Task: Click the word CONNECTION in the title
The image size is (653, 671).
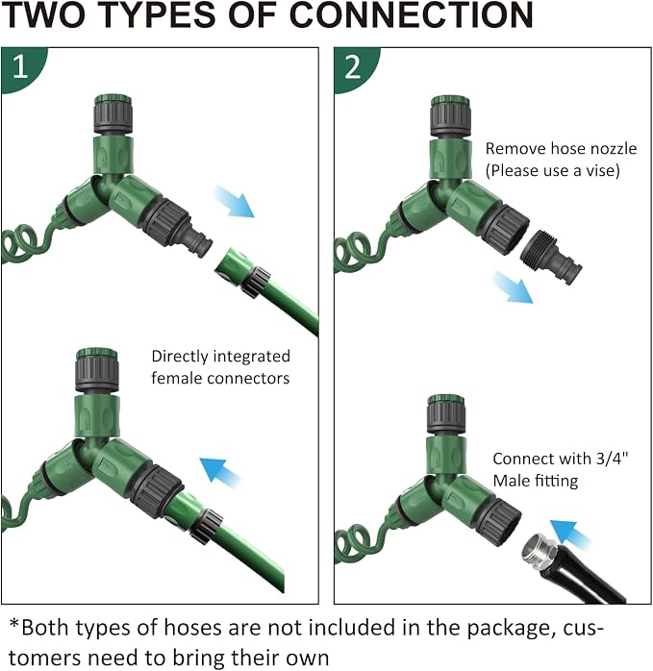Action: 412,15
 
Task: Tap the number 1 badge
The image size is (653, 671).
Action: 21,68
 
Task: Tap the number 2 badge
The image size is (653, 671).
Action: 355,68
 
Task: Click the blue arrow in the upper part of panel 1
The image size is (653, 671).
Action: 234,201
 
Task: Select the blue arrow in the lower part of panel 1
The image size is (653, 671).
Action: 220,473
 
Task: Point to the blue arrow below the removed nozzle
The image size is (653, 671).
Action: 513,287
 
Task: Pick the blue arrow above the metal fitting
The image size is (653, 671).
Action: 569,534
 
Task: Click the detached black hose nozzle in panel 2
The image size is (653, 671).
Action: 551,257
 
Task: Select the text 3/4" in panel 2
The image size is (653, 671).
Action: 612,459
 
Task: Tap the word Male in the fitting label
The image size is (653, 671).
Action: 512,481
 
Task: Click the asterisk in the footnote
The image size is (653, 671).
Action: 14,624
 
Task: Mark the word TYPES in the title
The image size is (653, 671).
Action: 160,15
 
